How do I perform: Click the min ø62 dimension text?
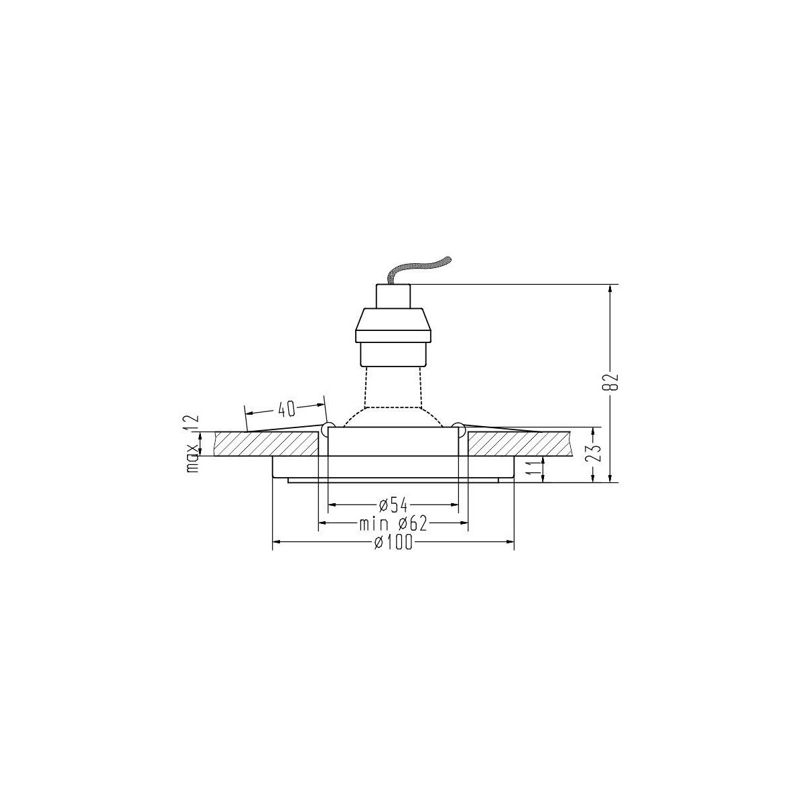point(393,523)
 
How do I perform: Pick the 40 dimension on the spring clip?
point(286,408)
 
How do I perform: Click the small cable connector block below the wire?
point(392,295)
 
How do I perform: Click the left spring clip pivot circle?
point(328,427)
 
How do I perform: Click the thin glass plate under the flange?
point(393,480)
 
